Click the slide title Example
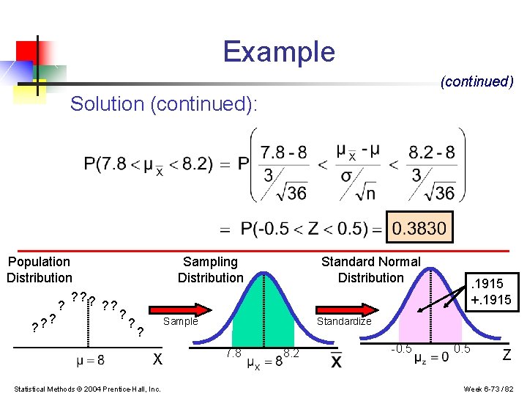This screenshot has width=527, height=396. point(279,52)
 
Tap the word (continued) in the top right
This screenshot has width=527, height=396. point(476,81)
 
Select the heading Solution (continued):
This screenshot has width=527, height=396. point(164,104)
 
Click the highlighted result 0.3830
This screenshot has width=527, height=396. point(419,228)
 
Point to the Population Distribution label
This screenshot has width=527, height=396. point(40,270)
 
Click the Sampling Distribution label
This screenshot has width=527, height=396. point(210,270)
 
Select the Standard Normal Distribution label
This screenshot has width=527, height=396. point(370,270)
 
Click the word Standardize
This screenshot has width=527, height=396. point(343,321)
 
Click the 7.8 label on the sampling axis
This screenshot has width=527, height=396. point(233,353)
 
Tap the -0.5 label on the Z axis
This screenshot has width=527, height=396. point(401,348)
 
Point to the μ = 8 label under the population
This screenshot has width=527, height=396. point(90,360)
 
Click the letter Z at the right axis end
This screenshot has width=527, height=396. point(506,356)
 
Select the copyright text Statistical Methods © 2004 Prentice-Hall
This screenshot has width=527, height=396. point(87,388)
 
